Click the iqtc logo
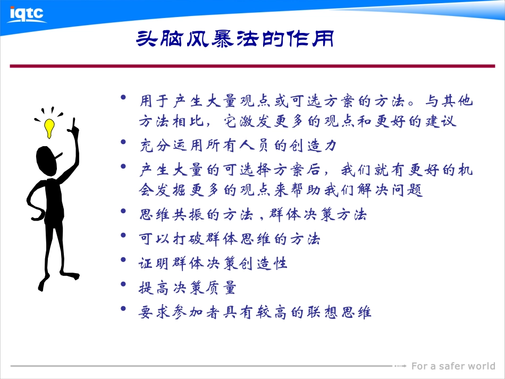(26, 13)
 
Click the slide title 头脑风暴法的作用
(235, 39)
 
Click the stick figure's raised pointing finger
(74, 123)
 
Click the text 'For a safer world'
(453, 366)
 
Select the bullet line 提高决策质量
(187, 288)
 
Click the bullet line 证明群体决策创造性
(213, 263)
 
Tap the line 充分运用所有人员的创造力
(238, 145)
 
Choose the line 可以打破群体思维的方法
(230, 239)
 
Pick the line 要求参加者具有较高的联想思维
(255, 313)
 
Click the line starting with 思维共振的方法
(252, 215)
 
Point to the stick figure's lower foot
(44, 285)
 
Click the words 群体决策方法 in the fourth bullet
(318, 215)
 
